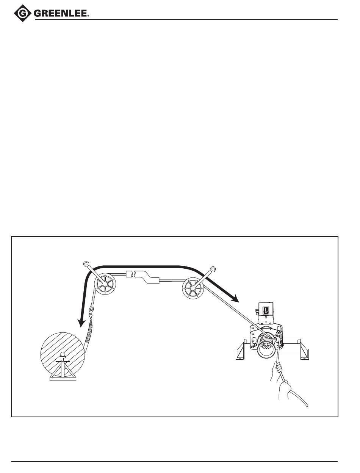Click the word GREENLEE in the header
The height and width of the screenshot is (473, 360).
pyautogui.click(x=62, y=14)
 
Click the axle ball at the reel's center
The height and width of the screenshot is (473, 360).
pyautogui.click(x=63, y=355)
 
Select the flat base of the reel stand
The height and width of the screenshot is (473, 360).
pyautogui.click(x=63, y=379)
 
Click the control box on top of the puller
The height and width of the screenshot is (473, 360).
pyautogui.click(x=266, y=309)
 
